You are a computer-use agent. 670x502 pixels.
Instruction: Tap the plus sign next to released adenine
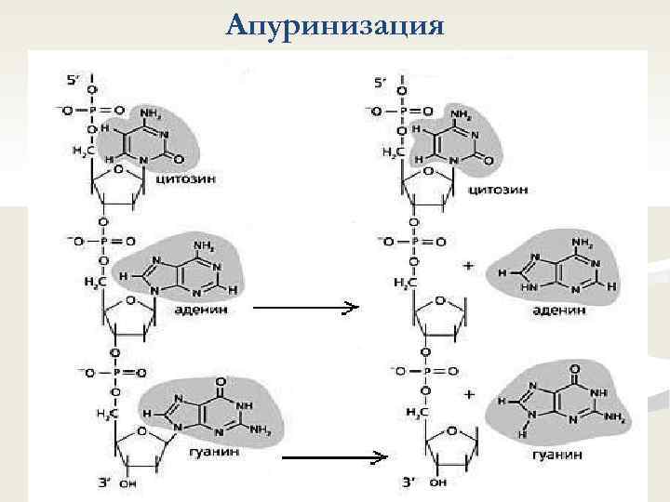click(467, 266)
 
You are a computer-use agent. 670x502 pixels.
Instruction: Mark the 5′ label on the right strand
click(381, 82)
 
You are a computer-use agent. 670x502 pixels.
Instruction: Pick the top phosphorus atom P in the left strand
click(92, 110)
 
